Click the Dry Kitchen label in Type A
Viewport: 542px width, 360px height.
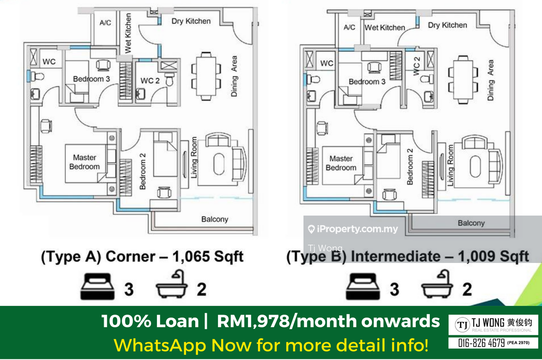click(x=191, y=21)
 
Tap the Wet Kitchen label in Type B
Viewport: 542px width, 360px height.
click(x=385, y=27)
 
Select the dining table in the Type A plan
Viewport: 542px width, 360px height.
click(x=206, y=76)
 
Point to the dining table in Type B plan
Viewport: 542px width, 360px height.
click(x=463, y=79)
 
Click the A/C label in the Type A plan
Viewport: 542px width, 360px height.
click(x=105, y=23)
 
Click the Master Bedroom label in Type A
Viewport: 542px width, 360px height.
click(x=84, y=162)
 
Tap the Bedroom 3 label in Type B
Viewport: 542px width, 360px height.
click(x=367, y=82)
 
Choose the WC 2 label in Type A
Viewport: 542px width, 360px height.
click(x=150, y=81)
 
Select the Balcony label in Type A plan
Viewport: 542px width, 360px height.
click(x=215, y=219)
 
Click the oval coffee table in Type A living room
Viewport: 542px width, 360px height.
click(x=219, y=164)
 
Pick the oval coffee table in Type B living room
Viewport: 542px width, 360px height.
click(x=475, y=166)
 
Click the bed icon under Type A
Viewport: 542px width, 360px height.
click(x=97, y=286)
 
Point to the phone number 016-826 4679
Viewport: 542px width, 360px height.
click(x=481, y=343)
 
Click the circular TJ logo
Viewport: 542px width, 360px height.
click(x=462, y=325)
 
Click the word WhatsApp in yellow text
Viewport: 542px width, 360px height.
click(x=160, y=345)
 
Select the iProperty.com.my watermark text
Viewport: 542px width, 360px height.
click(x=357, y=229)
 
